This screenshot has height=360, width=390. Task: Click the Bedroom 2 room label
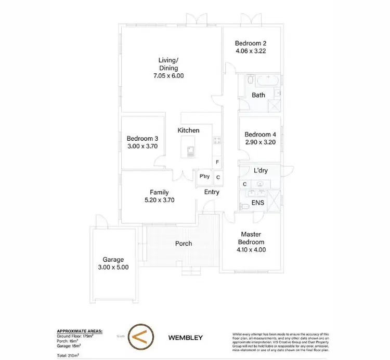click(251, 43)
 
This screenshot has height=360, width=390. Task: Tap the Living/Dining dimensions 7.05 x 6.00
click(168, 76)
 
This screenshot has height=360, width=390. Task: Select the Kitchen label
click(188, 130)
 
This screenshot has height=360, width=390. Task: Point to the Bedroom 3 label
click(142, 139)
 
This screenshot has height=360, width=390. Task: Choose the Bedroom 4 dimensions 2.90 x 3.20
click(261, 142)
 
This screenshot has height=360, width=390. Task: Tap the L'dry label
click(261, 170)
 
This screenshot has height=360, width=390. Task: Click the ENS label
click(258, 202)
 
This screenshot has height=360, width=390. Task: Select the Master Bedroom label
click(251, 238)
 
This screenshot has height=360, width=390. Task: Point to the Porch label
click(183, 243)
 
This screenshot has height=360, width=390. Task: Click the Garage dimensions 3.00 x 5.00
click(113, 268)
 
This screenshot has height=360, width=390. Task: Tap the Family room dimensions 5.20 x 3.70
click(159, 199)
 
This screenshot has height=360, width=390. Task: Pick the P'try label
click(204, 177)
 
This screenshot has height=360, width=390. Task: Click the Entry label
click(212, 192)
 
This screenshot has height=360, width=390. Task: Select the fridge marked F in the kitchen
click(217, 162)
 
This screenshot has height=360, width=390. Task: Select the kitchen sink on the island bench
click(191, 152)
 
